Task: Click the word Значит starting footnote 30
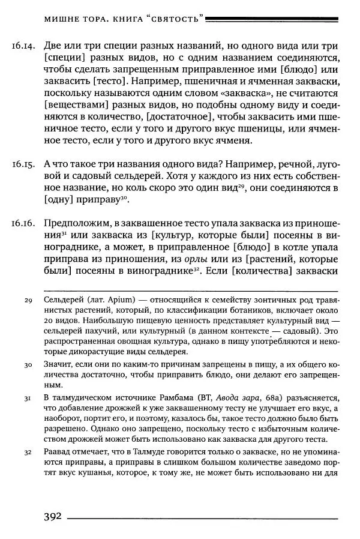(x=58, y=364)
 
